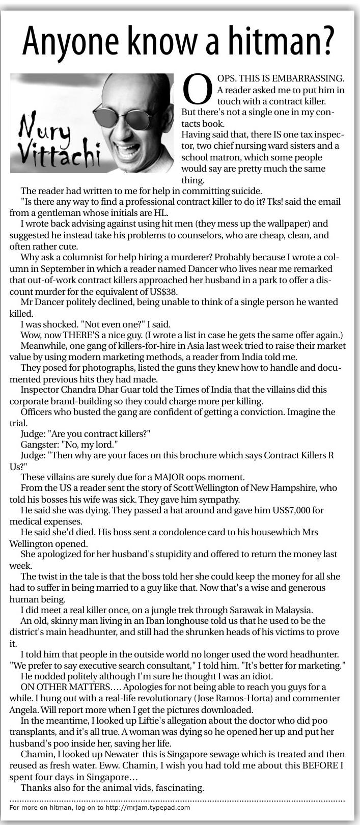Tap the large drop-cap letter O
coord(197,90)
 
